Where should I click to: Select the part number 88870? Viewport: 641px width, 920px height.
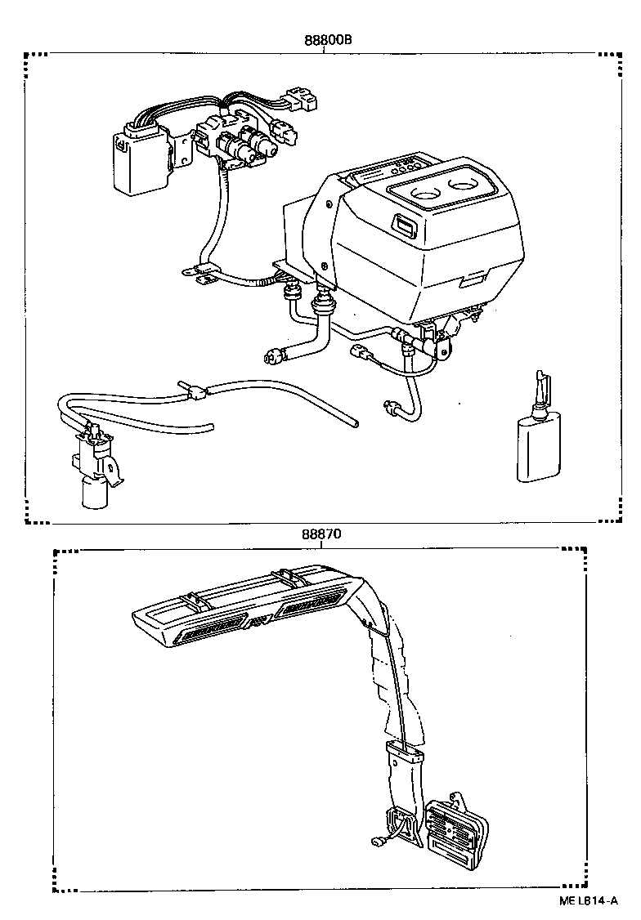point(320,534)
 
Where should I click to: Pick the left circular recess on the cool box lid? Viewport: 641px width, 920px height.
point(428,196)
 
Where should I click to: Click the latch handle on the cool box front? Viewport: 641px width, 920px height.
point(403,222)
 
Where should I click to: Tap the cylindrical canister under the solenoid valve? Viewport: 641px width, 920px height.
point(94,492)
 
